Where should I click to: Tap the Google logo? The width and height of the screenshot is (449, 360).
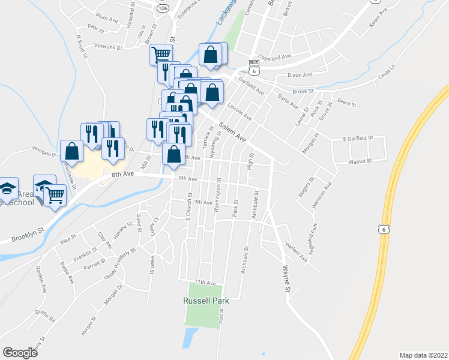20,353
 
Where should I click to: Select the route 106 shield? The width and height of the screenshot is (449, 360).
163,9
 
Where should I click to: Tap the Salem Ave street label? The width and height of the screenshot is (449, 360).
232,132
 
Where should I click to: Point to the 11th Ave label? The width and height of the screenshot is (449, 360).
205,282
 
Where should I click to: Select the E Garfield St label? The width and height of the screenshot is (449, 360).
358,139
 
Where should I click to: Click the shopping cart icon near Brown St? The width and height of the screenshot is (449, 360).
161,55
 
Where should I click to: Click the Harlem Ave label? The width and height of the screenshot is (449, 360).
296,253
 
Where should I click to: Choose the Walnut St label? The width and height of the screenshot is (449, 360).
361,161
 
